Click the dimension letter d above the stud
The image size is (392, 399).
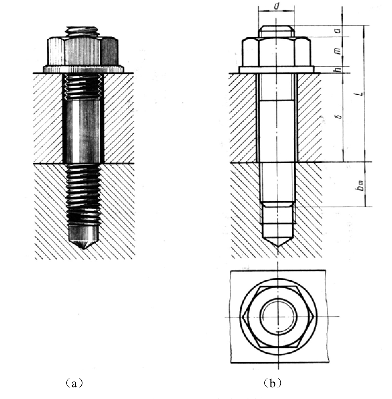pyautogui.click(x=276, y=7)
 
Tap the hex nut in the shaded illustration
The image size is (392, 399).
pyautogui.click(x=83, y=51)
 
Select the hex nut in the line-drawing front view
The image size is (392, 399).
pyautogui.click(x=276, y=51)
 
